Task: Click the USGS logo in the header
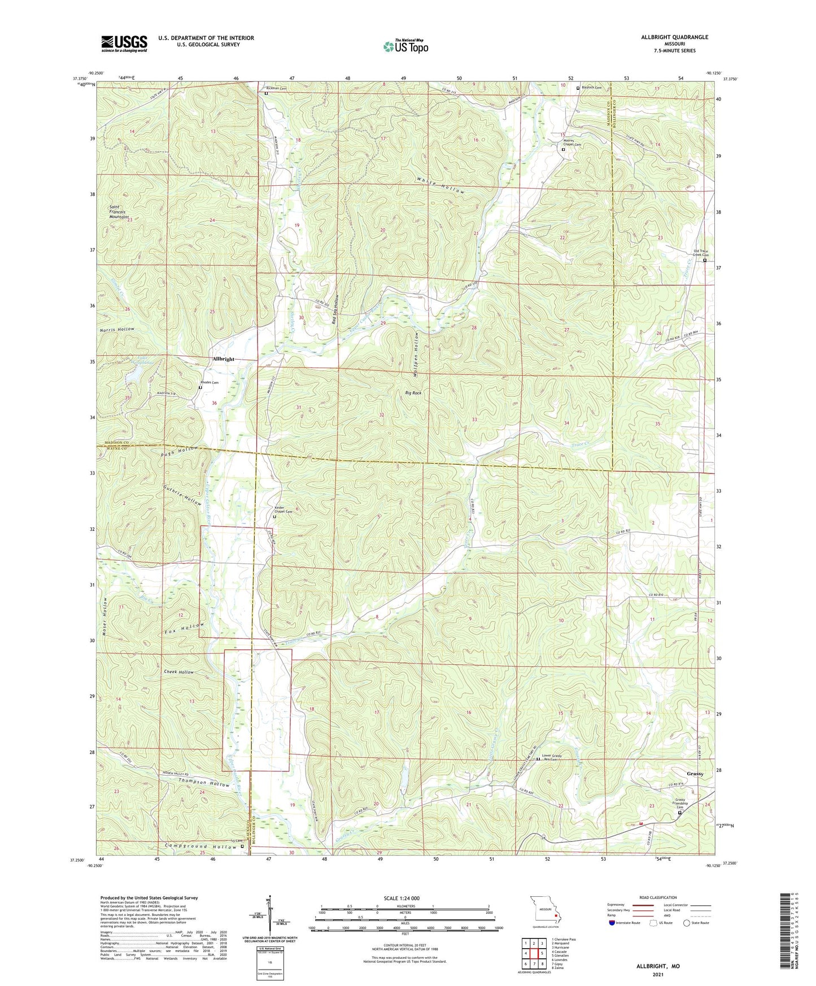coord(124,43)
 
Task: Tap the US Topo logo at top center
coord(405,46)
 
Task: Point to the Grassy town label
coord(695,774)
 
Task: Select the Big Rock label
coord(413,392)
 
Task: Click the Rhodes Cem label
coord(209,382)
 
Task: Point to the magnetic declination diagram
coord(269,915)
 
